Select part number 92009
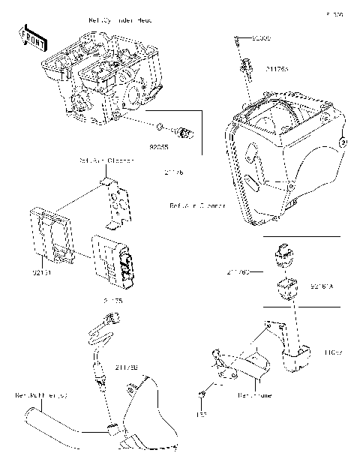pos(261,37)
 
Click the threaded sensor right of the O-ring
pos(183,133)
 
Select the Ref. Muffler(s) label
pos(41,393)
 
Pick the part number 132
pos(200,413)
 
